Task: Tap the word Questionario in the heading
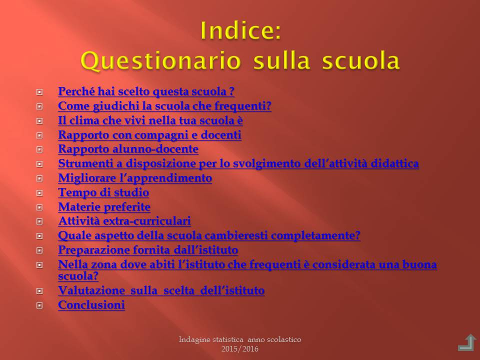[161, 60]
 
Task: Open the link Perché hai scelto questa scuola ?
[146, 91]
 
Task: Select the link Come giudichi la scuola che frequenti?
[164, 106]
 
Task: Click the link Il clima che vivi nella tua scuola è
[150, 120]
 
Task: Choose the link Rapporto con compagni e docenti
[149, 134]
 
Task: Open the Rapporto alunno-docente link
[128, 149]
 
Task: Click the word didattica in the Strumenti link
[394, 163]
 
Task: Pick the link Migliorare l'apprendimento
[135, 178]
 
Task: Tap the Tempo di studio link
[103, 192]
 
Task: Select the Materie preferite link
[104, 206]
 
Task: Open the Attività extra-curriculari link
[124, 220]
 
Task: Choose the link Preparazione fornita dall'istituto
[148, 250]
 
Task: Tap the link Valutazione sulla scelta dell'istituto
[161, 290]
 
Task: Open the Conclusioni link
[91, 305]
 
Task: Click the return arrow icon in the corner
[467, 342]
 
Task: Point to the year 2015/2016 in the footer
[240, 348]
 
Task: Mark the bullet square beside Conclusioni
[39, 305]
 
